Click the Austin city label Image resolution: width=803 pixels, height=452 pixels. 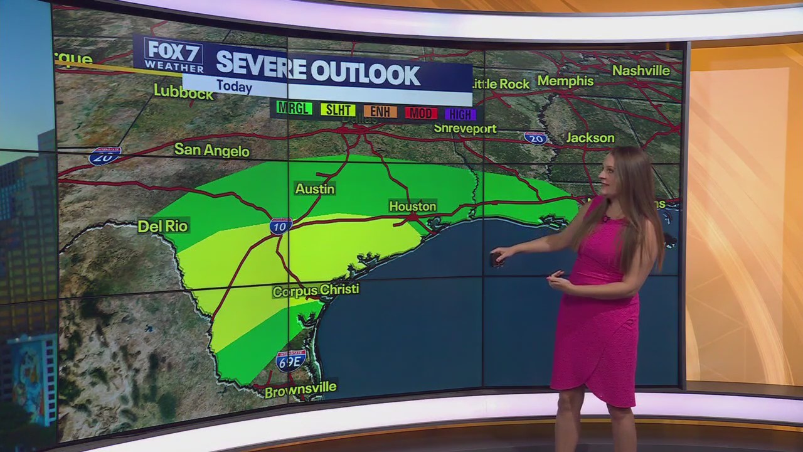pos(315,188)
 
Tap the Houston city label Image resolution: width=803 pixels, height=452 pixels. pos(412,206)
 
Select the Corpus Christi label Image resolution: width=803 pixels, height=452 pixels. pos(316,290)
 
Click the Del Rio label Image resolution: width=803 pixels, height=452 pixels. pos(162,226)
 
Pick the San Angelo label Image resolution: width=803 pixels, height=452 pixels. pos(211,150)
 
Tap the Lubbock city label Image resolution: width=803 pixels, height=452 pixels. pos(183,92)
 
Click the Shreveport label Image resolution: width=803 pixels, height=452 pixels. pos(465,129)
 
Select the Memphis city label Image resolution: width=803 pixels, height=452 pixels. pos(565,81)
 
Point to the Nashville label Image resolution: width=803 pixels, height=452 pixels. pos(641,70)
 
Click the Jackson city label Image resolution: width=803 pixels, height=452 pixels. pos(590,137)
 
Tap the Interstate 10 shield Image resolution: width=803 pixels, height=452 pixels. pos(280,226)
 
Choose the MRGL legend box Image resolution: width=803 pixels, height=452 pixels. pos(294,108)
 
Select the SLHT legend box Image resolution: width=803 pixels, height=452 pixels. pos(338,110)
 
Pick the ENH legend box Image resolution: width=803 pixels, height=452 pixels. pos(380,112)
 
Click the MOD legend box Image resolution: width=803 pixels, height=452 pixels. pos(421,113)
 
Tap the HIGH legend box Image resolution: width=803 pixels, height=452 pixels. pos(460,114)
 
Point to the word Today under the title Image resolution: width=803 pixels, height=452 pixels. pos(234,87)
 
